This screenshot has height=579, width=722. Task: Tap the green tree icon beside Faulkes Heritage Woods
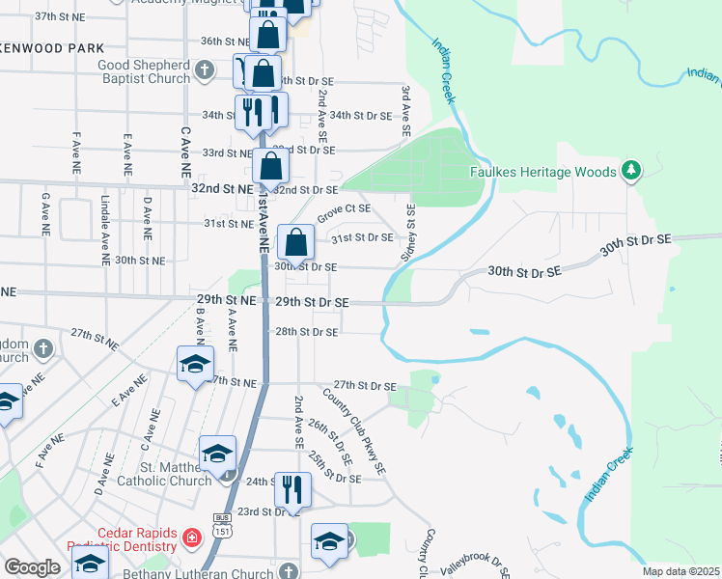tap(631, 171)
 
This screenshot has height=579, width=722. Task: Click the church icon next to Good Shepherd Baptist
tap(204, 69)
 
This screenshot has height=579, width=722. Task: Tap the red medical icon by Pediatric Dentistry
tap(192, 537)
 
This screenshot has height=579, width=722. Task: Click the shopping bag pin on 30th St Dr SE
tap(296, 241)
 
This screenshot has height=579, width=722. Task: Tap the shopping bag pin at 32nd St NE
tap(271, 166)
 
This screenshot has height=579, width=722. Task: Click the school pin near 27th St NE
tap(194, 365)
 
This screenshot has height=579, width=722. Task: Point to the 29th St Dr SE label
tap(312, 302)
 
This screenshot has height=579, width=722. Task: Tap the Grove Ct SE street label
tap(345, 207)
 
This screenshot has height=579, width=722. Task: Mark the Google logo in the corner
tap(32, 567)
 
